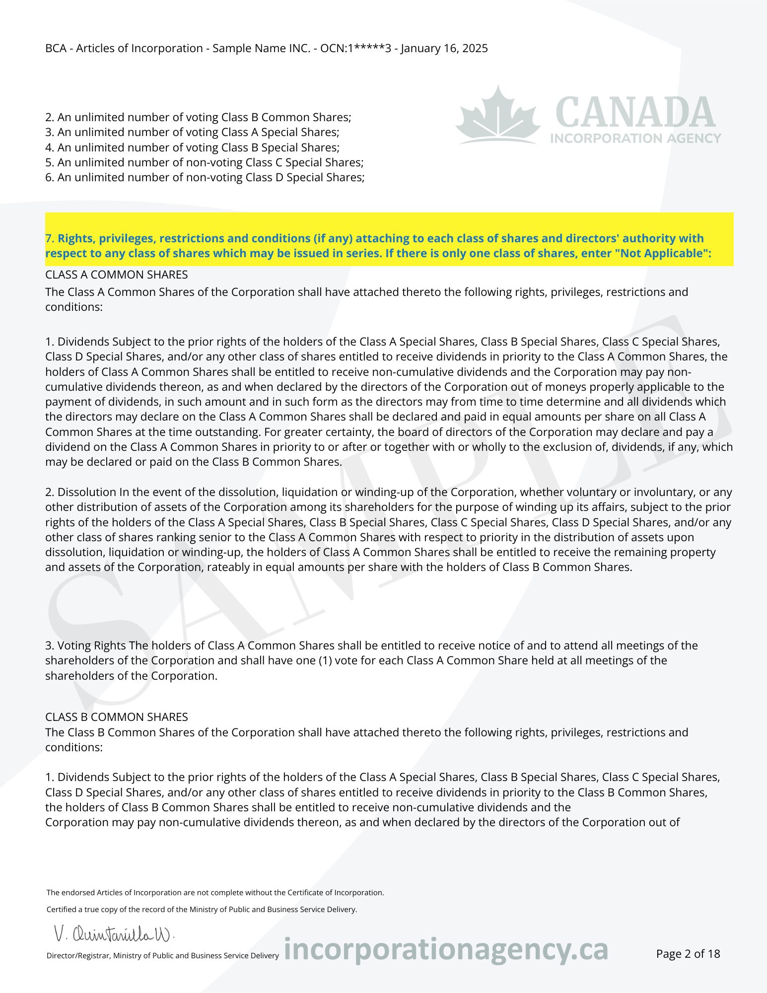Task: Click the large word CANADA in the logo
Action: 635,112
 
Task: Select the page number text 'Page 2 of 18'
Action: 688,953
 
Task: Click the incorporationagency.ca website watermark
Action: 445,949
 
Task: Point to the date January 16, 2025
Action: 444,48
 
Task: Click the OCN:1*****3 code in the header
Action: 355,48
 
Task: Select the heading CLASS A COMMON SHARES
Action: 117,275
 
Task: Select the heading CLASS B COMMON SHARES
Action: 117,717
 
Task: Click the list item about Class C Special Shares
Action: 204,162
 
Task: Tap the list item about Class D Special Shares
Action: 205,177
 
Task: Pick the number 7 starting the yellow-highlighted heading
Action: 49,238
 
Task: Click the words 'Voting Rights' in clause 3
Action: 91,645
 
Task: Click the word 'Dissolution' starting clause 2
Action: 86,492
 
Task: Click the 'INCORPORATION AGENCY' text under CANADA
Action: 635,138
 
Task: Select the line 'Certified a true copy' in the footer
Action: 202,910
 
